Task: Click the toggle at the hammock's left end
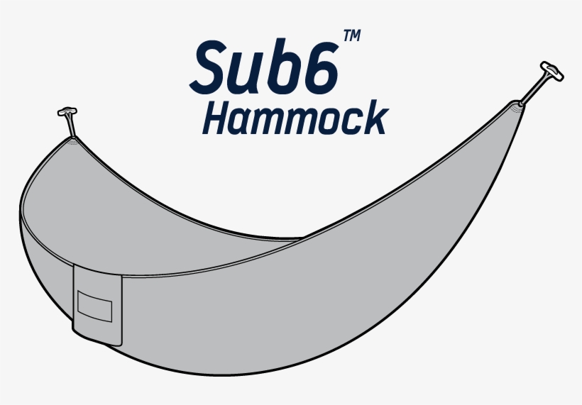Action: pyautogui.click(x=66, y=112)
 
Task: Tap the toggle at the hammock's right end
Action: pyautogui.click(x=550, y=70)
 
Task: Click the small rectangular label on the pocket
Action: pyautogui.click(x=95, y=305)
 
